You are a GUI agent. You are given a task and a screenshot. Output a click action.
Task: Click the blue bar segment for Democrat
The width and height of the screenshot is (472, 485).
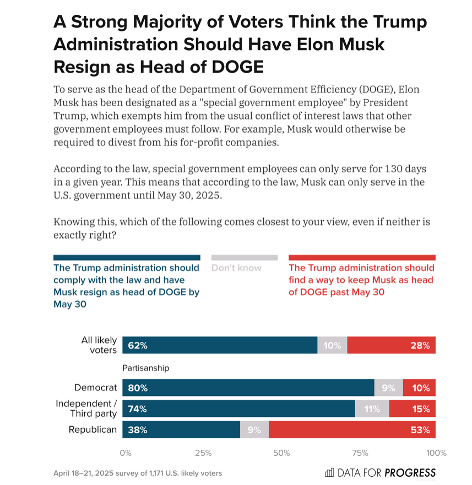click(248, 388)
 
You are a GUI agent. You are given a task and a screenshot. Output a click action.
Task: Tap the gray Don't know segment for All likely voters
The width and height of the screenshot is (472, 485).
click(332, 346)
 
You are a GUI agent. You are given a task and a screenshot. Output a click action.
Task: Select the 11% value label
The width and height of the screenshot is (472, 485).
click(365, 409)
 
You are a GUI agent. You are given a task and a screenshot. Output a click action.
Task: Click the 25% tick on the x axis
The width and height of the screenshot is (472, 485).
click(203, 453)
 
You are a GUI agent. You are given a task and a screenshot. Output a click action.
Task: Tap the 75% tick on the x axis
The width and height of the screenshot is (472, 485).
click(360, 453)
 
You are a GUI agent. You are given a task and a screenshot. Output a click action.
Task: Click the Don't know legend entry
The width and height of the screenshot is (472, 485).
click(236, 268)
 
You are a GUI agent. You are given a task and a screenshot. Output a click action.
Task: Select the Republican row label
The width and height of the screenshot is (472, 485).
click(93, 430)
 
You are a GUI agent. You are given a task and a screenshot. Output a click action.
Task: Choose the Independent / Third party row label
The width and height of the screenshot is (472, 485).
click(86, 409)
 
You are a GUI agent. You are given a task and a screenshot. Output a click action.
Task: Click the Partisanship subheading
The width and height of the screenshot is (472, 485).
click(146, 368)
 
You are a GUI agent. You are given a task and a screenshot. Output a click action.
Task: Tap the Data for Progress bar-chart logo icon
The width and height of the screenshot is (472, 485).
click(329, 472)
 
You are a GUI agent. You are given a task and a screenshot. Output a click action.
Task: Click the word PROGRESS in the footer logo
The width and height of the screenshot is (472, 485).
click(410, 473)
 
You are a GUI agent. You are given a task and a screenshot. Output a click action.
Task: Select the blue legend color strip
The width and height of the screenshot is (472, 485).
click(127, 257)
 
